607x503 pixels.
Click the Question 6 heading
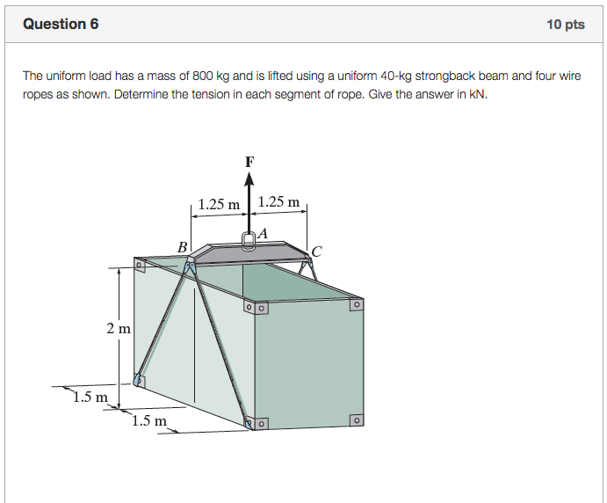[x=61, y=24]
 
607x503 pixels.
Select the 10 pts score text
[x=565, y=25]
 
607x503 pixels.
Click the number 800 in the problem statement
[x=202, y=77]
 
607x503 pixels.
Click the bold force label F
[x=250, y=162]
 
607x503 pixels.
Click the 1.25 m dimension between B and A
[x=219, y=204]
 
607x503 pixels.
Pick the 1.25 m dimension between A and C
[x=278, y=204]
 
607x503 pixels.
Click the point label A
[x=263, y=232]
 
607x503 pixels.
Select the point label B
[x=183, y=248]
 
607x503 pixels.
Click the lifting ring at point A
[x=249, y=239]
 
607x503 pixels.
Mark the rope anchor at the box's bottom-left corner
[x=139, y=380]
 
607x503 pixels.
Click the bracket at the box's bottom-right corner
[x=355, y=420]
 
